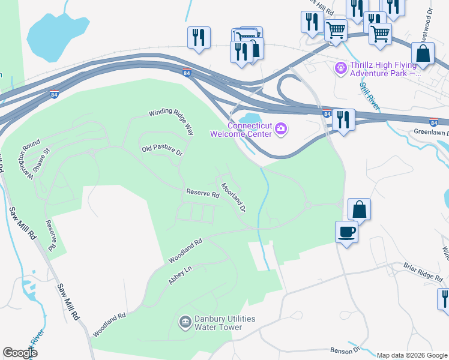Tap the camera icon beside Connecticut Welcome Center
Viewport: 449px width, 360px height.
(280, 129)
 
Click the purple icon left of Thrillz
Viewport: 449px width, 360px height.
(341, 68)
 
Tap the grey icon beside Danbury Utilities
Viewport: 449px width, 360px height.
(185, 323)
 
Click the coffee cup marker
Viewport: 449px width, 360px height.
(347, 231)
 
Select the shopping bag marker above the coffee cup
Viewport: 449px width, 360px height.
(359, 209)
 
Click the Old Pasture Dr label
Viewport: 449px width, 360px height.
(161, 150)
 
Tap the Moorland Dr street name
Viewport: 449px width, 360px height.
(233, 198)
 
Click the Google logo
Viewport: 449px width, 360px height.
(20, 353)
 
